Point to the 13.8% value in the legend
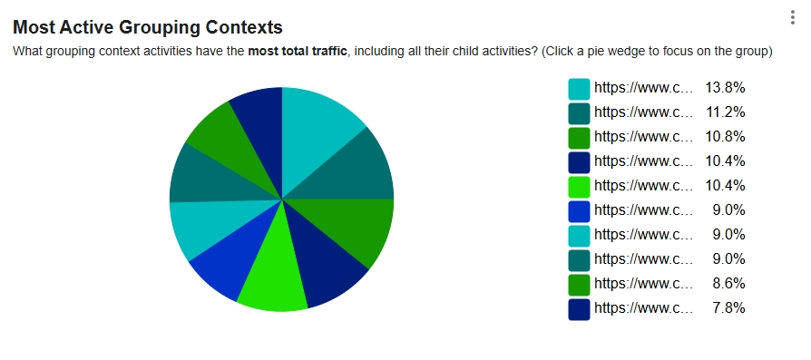click(x=725, y=88)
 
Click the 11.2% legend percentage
click(x=726, y=112)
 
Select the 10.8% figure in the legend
click(x=725, y=137)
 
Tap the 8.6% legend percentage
click(x=728, y=284)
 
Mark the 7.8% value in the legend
click(x=728, y=308)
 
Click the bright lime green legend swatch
click(x=579, y=186)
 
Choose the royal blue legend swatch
click(x=579, y=210)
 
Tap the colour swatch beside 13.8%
click(x=579, y=89)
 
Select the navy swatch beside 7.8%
click(x=579, y=309)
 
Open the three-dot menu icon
click(x=792, y=17)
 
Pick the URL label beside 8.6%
click(x=643, y=284)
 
